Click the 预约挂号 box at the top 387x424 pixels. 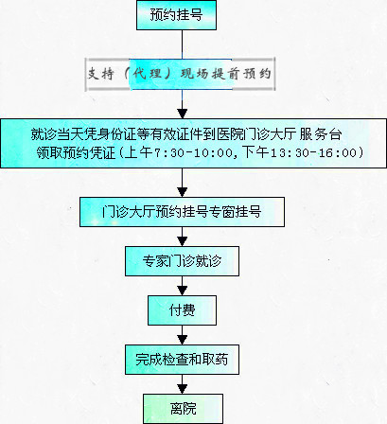tap(176, 15)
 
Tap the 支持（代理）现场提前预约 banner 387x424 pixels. tap(180, 74)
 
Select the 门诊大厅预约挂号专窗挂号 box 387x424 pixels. tap(182, 212)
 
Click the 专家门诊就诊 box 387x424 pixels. tap(182, 261)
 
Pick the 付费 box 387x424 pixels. tap(182, 310)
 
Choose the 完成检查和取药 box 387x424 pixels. tap(182, 360)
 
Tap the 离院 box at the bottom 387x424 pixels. tap(183, 409)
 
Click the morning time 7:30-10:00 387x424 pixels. tap(193, 153)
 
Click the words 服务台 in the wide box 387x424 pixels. tap(321, 134)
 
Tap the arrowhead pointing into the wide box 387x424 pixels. tap(183, 114)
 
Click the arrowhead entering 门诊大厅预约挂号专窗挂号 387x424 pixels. tap(183, 192)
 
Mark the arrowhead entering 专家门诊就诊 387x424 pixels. tap(183, 241)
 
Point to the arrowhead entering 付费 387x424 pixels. tap(183, 291)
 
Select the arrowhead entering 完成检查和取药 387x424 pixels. tap(183, 340)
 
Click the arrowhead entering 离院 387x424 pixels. tap(183, 389)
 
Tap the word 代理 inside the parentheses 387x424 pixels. tap(148, 74)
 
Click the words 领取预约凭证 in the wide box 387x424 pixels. tap(76, 153)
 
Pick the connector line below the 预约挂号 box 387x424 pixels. tap(182, 44)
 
